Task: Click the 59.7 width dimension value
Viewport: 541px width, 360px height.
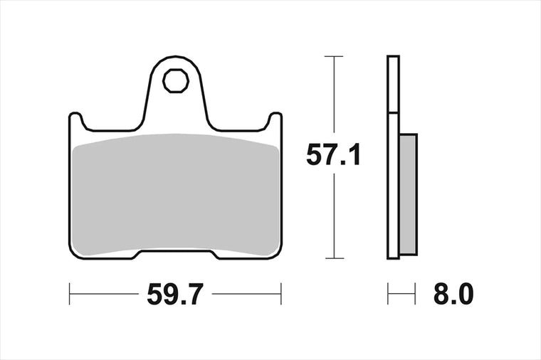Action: [174, 294]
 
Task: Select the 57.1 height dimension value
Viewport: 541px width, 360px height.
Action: [333, 155]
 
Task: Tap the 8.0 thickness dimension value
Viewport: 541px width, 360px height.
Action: [453, 294]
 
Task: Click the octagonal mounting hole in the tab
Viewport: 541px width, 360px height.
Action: [176, 80]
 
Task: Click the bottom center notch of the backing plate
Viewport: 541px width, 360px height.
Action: [176, 255]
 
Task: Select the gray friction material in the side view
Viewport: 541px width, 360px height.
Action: [409, 194]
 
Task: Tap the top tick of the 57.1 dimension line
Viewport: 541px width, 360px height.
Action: [334, 56]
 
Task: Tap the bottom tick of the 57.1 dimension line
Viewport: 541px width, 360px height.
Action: [334, 258]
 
